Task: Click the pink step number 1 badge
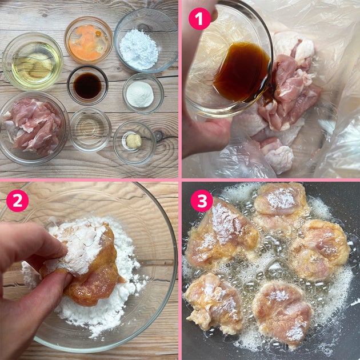(x=199, y=19)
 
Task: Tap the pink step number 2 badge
(x=18, y=201)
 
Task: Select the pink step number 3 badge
(x=202, y=201)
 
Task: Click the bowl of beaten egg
(x=89, y=41)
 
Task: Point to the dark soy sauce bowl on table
(x=87, y=85)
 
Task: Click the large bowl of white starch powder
(x=146, y=41)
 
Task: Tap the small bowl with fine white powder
(x=143, y=94)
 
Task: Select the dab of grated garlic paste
(x=134, y=141)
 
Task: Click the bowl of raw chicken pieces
(x=34, y=128)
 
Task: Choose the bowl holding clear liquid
(x=90, y=130)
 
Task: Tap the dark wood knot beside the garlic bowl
(x=158, y=135)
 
